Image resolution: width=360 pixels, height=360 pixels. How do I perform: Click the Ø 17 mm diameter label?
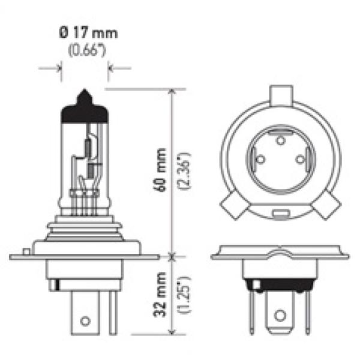coord(88,33)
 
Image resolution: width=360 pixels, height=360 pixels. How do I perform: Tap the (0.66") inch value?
coord(87,50)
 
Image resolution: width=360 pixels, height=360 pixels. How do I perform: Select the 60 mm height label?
coord(160,170)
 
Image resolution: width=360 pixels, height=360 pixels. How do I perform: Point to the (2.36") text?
coord(184,171)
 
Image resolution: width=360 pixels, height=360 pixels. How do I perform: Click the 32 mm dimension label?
coord(160,295)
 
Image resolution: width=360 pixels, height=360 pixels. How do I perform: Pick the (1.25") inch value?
coord(184,295)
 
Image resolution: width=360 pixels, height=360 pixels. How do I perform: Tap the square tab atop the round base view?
coord(281,96)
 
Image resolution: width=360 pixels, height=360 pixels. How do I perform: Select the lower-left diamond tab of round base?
coord(235,205)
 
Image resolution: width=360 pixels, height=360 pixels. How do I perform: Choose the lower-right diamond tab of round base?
coord(326,205)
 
